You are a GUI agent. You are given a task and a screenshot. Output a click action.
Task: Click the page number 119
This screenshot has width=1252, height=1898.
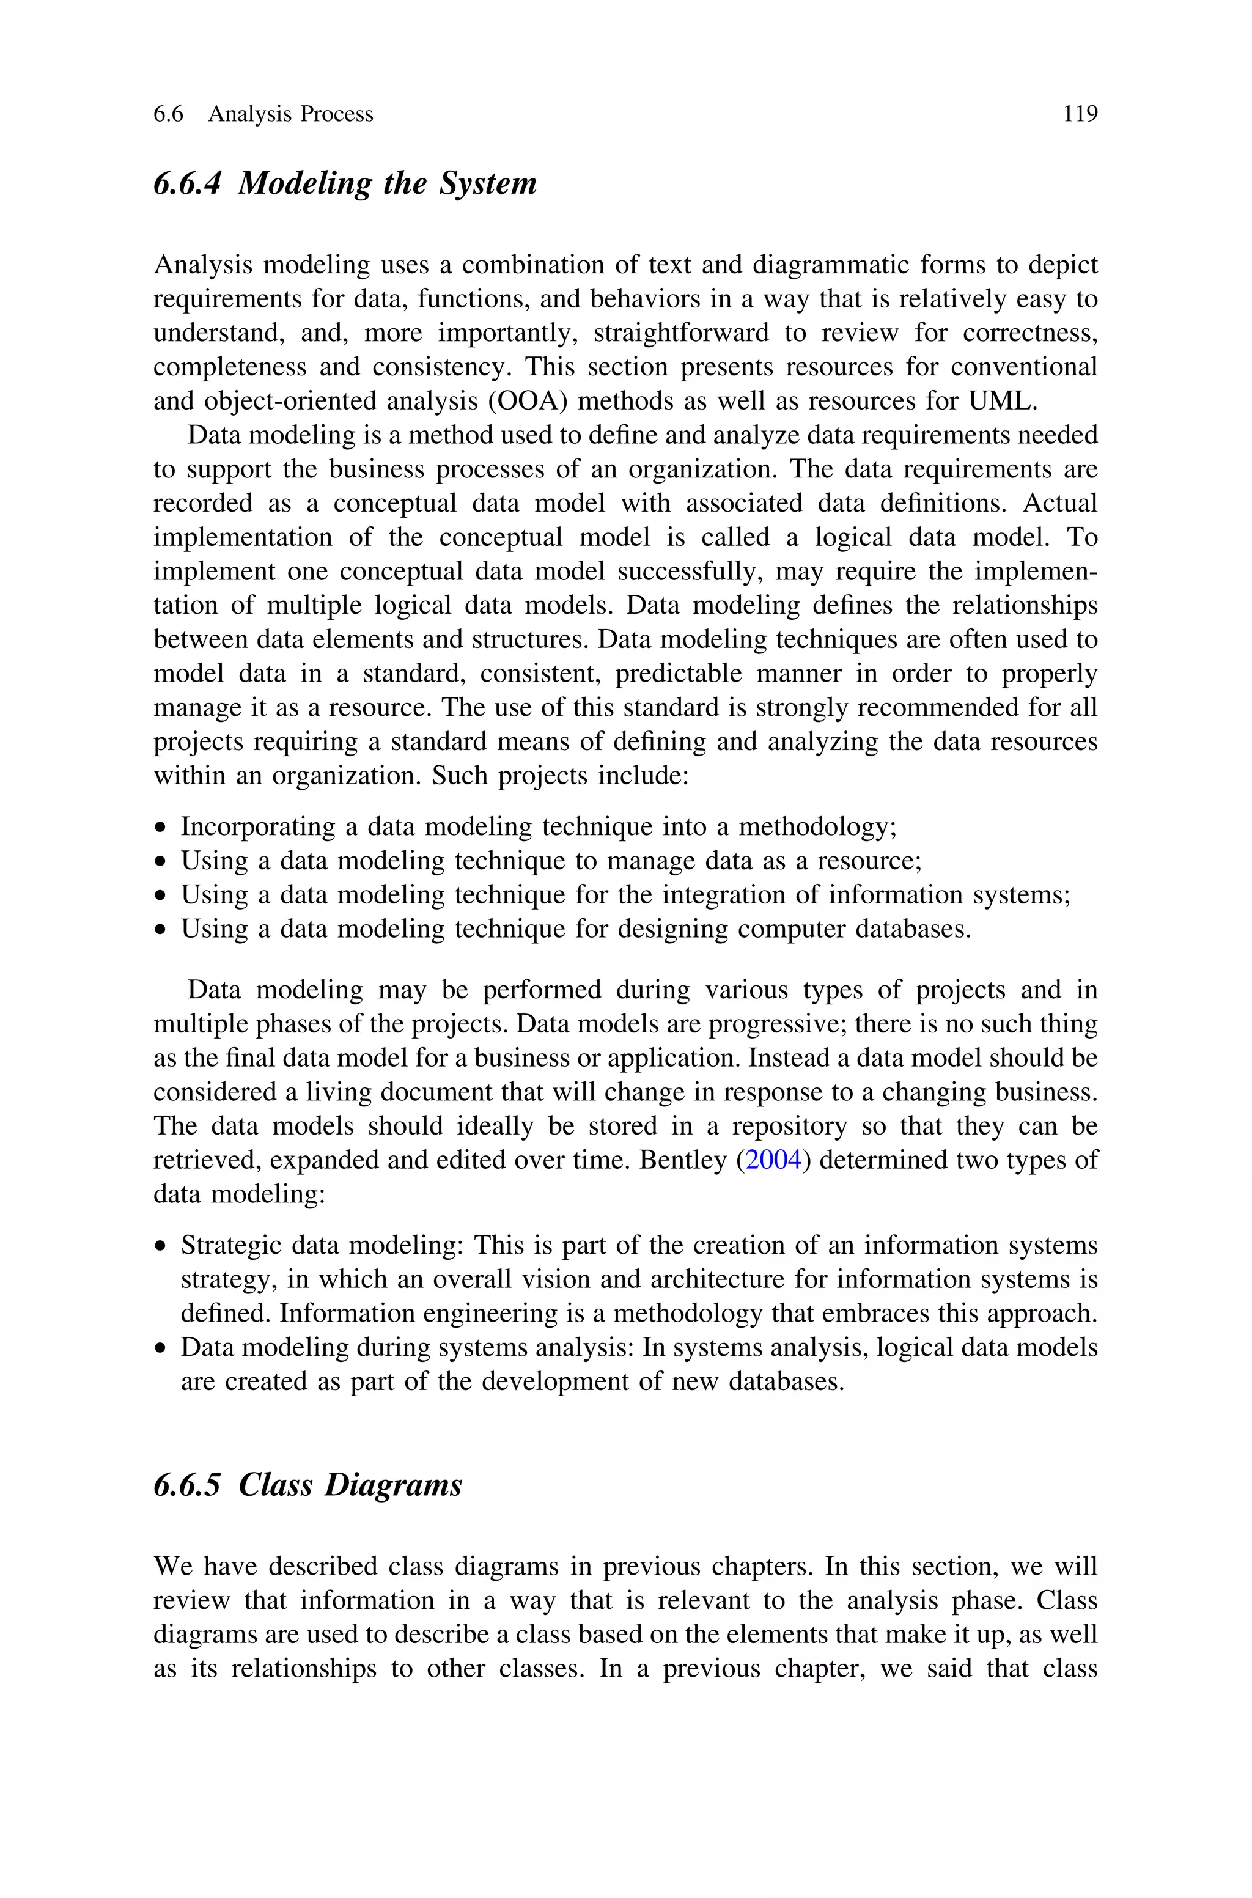point(1080,114)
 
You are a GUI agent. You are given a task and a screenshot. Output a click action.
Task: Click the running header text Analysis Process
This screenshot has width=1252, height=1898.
point(290,114)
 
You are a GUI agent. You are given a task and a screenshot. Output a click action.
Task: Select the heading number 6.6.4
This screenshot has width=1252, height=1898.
point(187,183)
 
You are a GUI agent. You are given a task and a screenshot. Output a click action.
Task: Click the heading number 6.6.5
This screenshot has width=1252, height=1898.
point(187,1485)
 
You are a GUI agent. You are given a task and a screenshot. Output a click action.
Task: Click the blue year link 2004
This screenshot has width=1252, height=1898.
point(773,1160)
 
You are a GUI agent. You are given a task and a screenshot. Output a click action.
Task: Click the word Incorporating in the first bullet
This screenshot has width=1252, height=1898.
point(258,827)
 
